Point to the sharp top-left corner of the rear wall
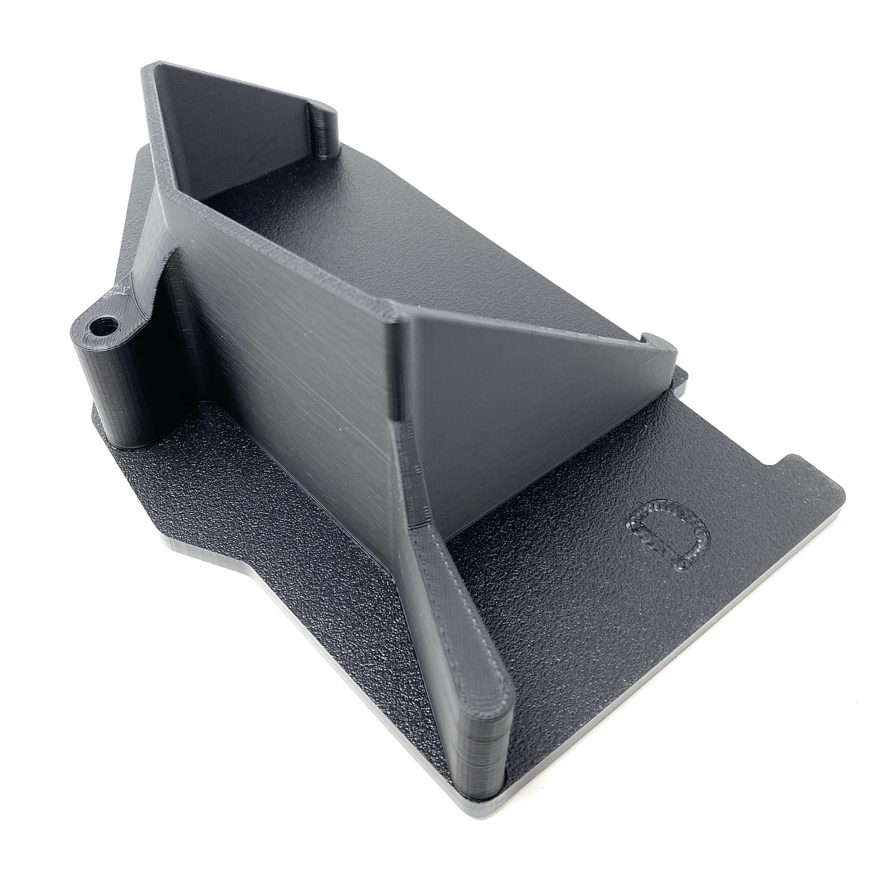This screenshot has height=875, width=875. [x=148, y=68]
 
